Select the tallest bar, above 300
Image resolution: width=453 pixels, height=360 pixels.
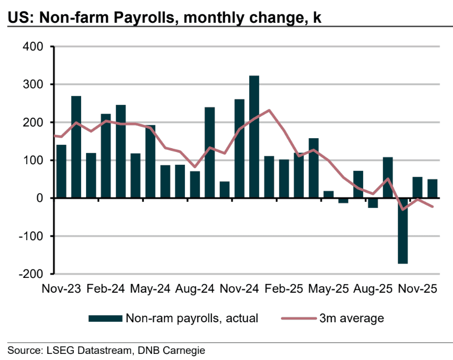click(254, 136)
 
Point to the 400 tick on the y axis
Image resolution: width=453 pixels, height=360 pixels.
click(33, 47)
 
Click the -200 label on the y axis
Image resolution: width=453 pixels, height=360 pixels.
click(31, 274)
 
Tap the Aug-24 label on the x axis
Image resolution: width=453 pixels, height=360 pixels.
click(195, 290)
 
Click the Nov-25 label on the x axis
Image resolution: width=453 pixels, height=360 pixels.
click(416, 290)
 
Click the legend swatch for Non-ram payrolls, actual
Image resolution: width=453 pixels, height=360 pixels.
click(105, 318)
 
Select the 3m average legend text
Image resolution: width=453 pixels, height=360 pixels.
click(351, 318)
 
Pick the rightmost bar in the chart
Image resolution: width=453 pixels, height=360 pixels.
click(432, 189)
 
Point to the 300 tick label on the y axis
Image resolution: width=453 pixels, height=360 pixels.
click(33, 84)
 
